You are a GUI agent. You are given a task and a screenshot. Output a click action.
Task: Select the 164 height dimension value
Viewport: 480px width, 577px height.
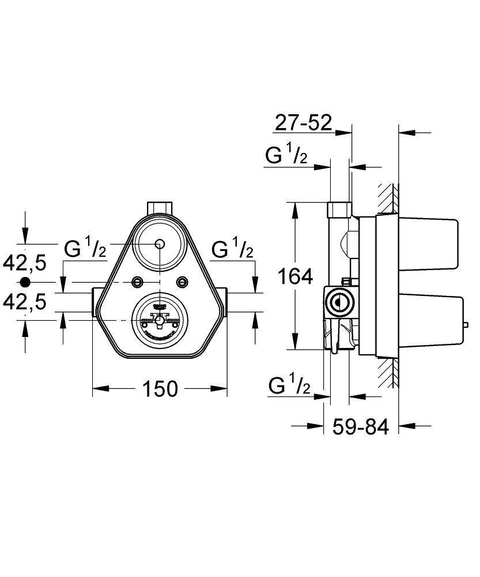point(296,277)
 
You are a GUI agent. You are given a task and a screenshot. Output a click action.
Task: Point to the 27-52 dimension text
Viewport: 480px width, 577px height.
point(303,122)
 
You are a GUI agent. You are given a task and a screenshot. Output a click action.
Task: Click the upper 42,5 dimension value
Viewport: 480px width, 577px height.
point(25,263)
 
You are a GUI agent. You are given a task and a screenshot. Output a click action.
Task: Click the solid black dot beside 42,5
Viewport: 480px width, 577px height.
point(24,282)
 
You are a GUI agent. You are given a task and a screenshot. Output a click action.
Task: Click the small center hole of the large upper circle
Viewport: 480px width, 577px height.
point(160,243)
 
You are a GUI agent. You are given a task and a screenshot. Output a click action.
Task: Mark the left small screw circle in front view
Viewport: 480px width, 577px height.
point(137,282)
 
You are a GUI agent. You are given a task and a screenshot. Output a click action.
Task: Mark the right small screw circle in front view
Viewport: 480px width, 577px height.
point(183,282)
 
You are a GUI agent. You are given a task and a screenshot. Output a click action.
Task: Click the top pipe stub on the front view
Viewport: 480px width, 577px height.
point(160,207)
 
